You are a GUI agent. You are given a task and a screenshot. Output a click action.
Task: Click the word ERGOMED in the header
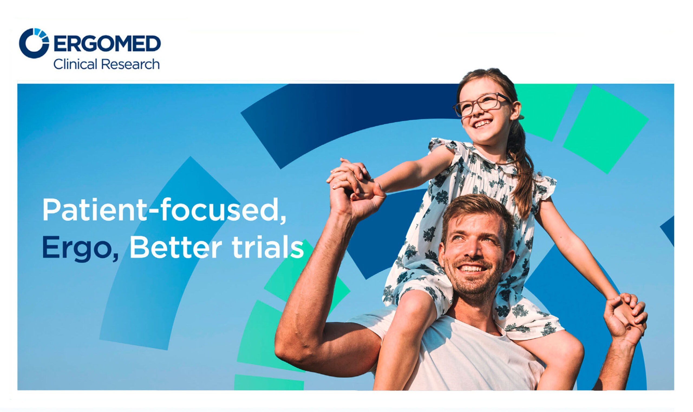click(107, 44)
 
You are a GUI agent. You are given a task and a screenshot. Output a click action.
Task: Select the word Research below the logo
click(130, 64)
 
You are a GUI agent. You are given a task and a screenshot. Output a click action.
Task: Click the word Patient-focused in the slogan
click(164, 210)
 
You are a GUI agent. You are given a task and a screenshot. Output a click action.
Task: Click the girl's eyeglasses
click(482, 104)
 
